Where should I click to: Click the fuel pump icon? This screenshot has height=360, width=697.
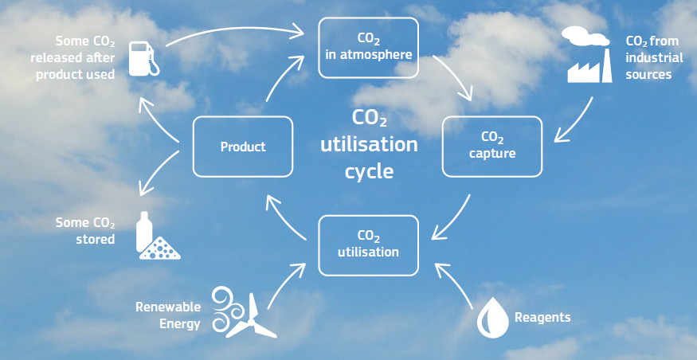[x=143, y=59]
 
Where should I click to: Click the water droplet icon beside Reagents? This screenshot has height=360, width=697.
[x=492, y=316]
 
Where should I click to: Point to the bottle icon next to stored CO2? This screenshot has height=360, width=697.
[x=143, y=232]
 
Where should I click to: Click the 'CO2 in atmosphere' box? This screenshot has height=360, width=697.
[x=368, y=48]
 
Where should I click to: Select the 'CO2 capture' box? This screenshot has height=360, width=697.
[x=492, y=147]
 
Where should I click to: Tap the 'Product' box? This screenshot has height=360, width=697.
[x=243, y=147]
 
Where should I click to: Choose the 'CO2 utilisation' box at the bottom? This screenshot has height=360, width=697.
[x=368, y=245]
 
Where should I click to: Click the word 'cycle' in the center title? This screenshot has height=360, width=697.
[x=369, y=171]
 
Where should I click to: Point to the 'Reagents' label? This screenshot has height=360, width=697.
[x=542, y=318]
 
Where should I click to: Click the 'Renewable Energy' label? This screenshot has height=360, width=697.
[x=168, y=315]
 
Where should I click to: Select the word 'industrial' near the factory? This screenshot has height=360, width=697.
[x=648, y=58]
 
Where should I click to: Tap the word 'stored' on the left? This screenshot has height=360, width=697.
[x=95, y=239]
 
